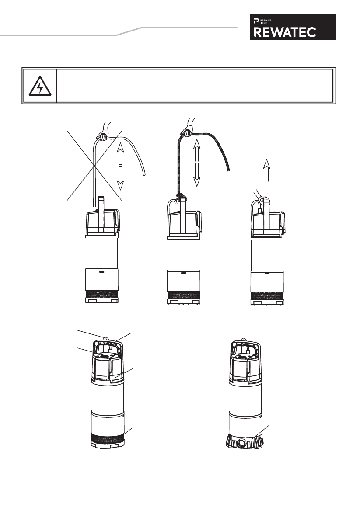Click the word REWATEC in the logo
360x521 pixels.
pyautogui.click(x=285, y=32)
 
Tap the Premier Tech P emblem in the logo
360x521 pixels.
pyautogui.click(x=256, y=21)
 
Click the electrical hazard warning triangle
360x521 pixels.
pyautogui.click(x=40, y=86)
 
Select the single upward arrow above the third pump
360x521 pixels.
pyautogui.click(x=266, y=170)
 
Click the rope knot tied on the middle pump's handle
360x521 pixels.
pyautogui.click(x=181, y=197)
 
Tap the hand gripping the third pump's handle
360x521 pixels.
pyautogui.click(x=262, y=198)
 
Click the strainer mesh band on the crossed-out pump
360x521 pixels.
pyautogui.click(x=102, y=294)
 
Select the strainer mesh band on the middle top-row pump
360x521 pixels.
pyautogui.click(x=183, y=295)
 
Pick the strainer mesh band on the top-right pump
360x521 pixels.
pyautogui.click(x=267, y=296)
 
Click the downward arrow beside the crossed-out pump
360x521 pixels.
pyautogui.click(x=120, y=178)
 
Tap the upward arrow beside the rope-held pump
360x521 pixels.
pyautogui.click(x=197, y=150)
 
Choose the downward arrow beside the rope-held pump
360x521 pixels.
pyautogui.click(x=197, y=175)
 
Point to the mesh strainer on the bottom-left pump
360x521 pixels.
pyautogui.click(x=108, y=439)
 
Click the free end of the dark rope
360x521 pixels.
pyautogui.click(x=228, y=169)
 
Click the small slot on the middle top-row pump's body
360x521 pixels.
pyautogui.click(x=183, y=273)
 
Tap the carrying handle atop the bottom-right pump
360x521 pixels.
pyautogui.click(x=246, y=346)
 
